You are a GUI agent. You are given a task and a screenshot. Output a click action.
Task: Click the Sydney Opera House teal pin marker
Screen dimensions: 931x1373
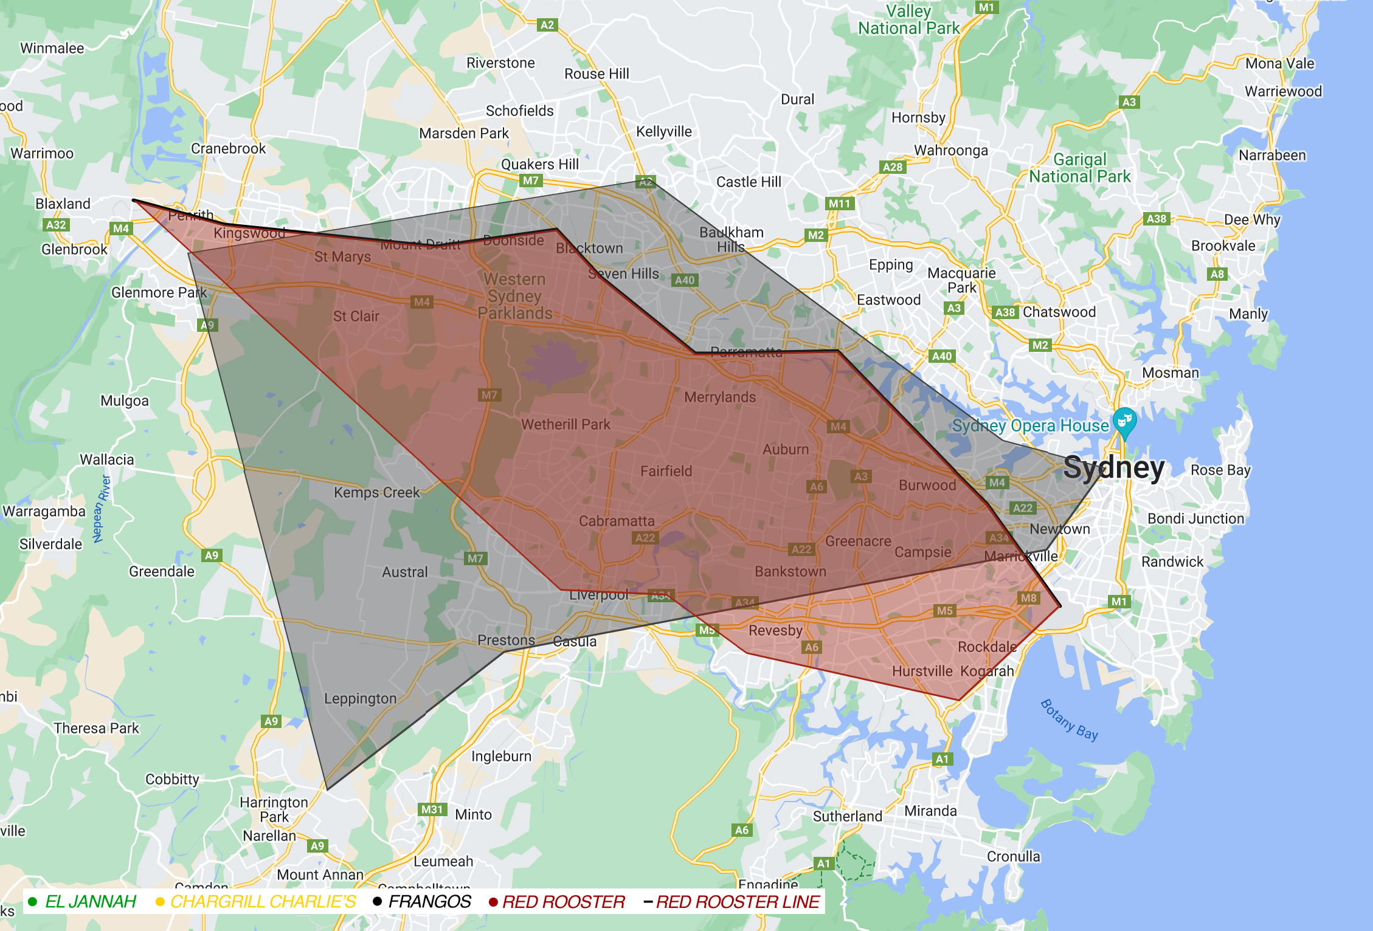coord(1124,421)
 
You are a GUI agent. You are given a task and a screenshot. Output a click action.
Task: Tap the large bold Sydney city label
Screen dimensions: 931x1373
coord(1114,468)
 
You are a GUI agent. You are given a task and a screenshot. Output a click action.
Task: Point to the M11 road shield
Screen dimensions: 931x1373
coord(840,204)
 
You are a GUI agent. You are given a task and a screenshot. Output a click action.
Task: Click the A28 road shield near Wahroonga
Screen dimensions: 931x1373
coord(893,167)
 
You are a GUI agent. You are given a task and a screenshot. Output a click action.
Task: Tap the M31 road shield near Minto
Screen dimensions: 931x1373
coord(432,809)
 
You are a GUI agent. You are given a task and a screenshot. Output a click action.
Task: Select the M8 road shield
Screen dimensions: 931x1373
coord(1028,598)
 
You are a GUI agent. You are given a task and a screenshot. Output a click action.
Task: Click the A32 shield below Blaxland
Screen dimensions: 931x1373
coord(56,225)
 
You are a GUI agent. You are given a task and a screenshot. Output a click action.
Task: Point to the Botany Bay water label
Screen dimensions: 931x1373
coord(1069,720)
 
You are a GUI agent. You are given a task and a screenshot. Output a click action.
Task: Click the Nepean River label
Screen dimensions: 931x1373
coord(102,509)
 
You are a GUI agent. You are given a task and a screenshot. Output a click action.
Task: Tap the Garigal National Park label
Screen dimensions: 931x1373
coord(1080,168)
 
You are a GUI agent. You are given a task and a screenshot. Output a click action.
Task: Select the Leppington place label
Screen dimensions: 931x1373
coord(360,699)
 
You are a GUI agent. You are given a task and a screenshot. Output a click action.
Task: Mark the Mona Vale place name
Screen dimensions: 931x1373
coord(1279,64)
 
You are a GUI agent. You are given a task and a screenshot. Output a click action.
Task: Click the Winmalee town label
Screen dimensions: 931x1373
coord(52,49)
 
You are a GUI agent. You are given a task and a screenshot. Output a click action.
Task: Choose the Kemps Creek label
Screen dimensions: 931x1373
coord(376,492)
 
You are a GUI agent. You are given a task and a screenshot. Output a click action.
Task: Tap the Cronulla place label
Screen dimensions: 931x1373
coord(1013,856)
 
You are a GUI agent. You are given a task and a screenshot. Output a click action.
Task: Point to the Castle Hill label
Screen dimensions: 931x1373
coord(749,182)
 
